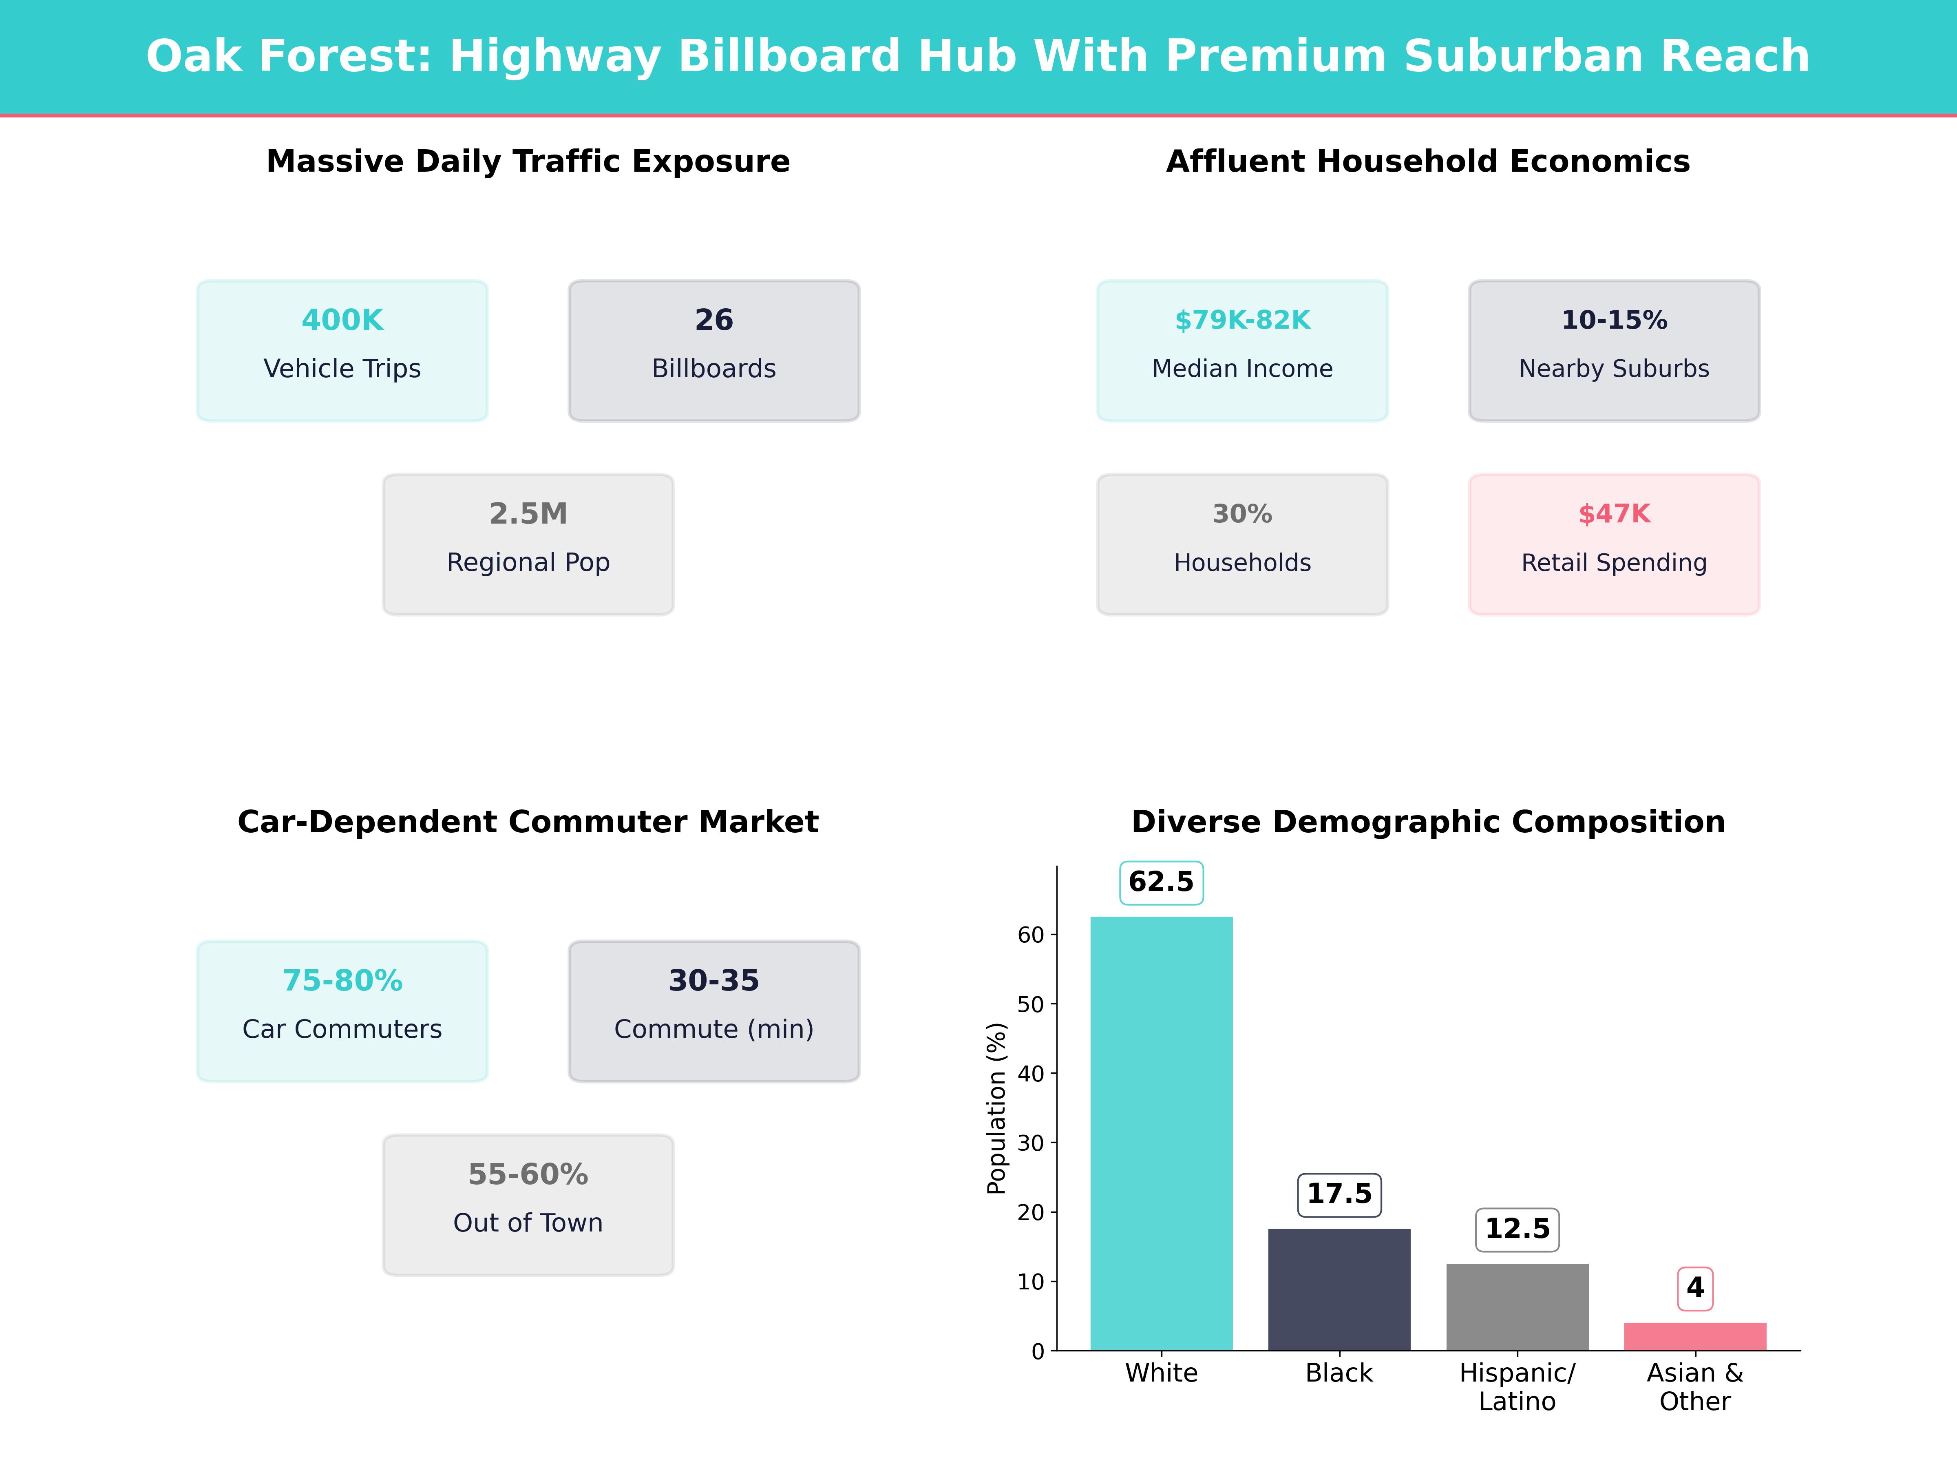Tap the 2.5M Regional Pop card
click(x=528, y=544)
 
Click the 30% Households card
click(x=1242, y=544)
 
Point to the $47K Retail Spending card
click(x=1614, y=544)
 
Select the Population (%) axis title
click(x=997, y=1108)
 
